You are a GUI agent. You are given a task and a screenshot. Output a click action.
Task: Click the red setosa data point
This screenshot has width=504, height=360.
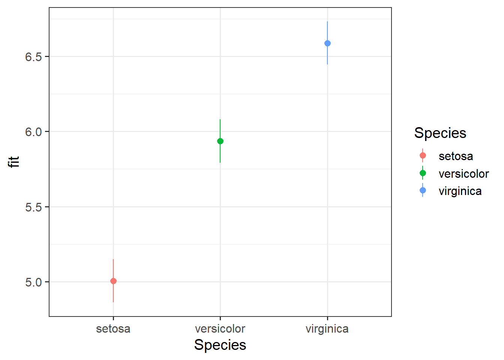pos(113,281)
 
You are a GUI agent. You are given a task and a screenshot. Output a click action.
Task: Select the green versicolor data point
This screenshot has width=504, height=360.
pos(220,141)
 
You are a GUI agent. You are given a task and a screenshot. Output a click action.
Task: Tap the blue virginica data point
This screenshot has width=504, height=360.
pos(327,43)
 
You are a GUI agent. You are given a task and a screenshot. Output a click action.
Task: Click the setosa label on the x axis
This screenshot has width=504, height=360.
pos(113,329)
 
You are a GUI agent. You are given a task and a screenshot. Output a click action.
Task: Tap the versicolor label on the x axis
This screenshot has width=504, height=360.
pos(220,329)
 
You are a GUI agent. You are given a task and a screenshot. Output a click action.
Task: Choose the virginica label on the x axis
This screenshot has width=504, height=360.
pos(327,329)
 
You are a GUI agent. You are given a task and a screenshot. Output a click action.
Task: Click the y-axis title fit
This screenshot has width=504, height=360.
pos(14,162)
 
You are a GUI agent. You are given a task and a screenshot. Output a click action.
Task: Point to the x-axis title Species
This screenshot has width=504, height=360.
pos(220,345)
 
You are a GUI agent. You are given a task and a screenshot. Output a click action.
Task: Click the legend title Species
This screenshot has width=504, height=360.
pos(440,133)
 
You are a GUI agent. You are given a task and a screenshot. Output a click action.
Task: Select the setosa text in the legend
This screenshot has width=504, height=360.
pos(456,156)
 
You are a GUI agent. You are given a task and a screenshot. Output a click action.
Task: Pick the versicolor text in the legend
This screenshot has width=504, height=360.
pos(463,174)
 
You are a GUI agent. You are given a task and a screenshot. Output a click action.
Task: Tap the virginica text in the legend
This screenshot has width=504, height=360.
pos(460,191)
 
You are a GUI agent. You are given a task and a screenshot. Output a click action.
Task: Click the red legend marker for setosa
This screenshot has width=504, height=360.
pos(423,156)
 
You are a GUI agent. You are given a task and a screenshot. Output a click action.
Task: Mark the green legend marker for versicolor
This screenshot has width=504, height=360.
pos(423,173)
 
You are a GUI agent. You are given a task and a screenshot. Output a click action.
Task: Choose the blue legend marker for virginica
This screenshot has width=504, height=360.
pos(423,190)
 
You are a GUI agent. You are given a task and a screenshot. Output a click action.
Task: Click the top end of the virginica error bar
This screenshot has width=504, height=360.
pos(327,22)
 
